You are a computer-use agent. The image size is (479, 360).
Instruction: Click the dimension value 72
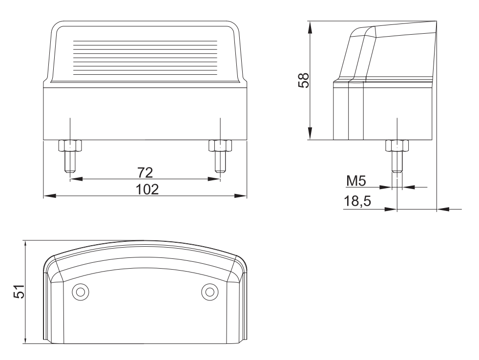pyautogui.click(x=145, y=172)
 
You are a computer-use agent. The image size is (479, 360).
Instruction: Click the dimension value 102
pyautogui.click(x=147, y=190)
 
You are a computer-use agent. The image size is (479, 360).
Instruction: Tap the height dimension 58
pyautogui.click(x=304, y=81)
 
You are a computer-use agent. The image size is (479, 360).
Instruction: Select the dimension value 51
pyautogui.click(x=19, y=291)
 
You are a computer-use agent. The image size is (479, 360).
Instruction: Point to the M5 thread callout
pyautogui.click(x=356, y=181)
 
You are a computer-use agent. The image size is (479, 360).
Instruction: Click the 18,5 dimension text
pyautogui.click(x=357, y=201)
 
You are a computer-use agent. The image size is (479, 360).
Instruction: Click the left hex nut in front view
pyautogui.click(x=70, y=146)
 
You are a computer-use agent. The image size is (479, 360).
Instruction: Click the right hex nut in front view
pyautogui.click(x=220, y=146)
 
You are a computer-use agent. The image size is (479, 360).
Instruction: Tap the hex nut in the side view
pyautogui.click(x=397, y=146)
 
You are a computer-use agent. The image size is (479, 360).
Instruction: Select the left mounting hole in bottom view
pyautogui.click(x=81, y=292)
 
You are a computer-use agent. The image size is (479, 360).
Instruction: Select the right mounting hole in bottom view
pyautogui.click(x=209, y=292)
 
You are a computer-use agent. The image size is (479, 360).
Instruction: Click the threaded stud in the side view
pyautogui.click(x=397, y=162)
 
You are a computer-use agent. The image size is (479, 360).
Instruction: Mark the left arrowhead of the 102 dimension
pyautogui.click(x=50, y=195)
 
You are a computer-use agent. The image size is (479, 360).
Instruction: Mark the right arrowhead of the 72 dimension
pyautogui.click(x=214, y=179)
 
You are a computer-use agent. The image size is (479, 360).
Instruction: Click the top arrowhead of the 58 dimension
pyautogui.click(x=310, y=27)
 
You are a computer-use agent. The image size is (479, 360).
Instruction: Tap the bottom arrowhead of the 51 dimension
pyautogui.click(x=25, y=338)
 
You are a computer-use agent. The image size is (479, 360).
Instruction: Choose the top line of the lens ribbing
pyautogui.click(x=145, y=41)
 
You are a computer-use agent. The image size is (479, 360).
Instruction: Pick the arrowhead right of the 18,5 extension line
pyautogui.click(x=443, y=210)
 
